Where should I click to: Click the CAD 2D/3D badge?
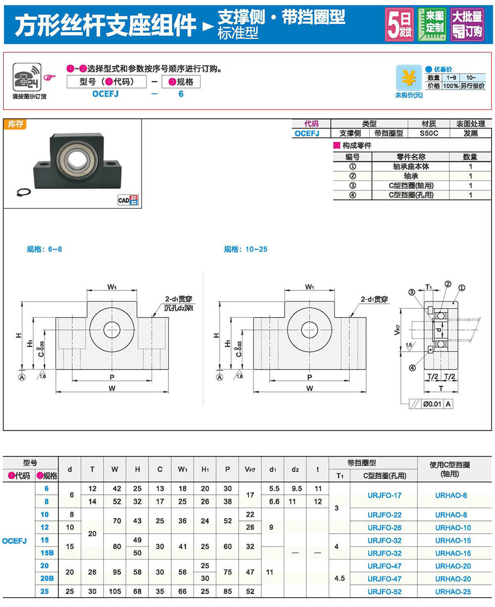click(128, 200)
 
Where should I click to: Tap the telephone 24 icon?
click(27, 77)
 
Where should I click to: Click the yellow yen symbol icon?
click(408, 78)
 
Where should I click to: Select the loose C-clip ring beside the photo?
click(23, 192)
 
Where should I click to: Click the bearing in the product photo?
click(76, 158)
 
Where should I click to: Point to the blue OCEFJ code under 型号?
click(105, 94)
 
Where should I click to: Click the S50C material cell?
click(429, 133)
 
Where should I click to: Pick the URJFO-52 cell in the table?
click(384, 592)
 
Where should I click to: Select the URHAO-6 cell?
click(451, 495)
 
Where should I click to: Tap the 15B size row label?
click(47, 553)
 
